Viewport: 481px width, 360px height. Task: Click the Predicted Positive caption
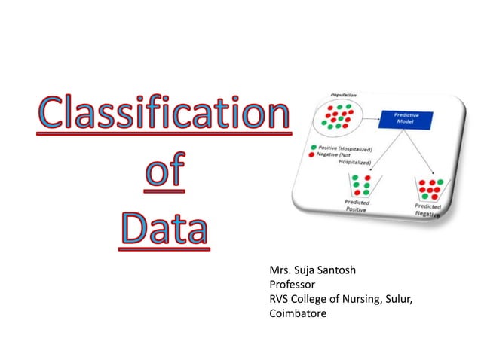pos(357,206)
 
